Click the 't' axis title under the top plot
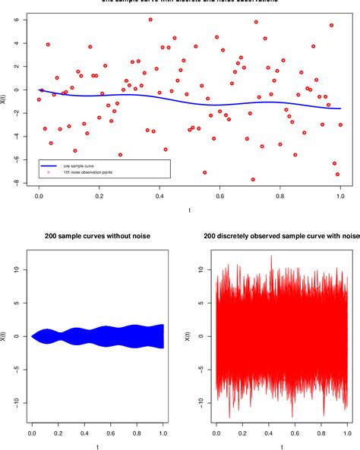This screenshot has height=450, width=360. (x=189, y=209)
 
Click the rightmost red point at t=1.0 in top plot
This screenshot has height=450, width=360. (x=340, y=124)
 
